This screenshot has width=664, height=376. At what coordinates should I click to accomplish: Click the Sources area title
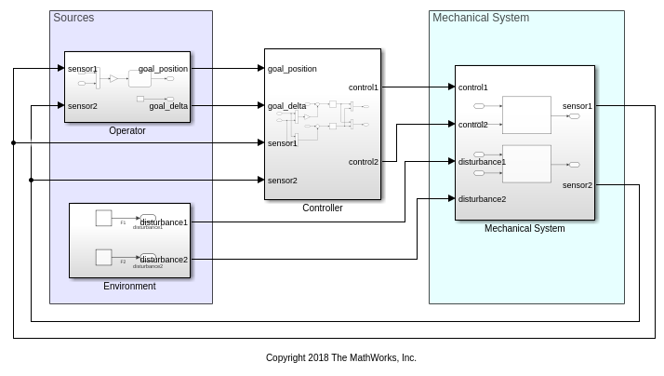pyautogui.click(x=73, y=18)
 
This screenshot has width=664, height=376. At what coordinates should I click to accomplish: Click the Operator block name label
pyautogui.click(x=127, y=130)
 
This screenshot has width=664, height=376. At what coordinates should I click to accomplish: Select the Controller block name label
pyautogui.click(x=323, y=208)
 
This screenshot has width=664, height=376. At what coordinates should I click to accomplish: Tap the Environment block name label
pyautogui.click(x=129, y=286)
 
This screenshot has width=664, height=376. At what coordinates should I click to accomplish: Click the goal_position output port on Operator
pyautogui.click(x=163, y=69)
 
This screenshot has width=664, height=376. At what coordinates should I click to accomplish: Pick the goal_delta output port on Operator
pyautogui.click(x=168, y=106)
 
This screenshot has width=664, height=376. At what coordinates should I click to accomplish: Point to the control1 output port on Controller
pyautogui.click(x=364, y=87)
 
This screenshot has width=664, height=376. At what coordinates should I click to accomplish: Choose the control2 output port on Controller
pyautogui.click(x=364, y=162)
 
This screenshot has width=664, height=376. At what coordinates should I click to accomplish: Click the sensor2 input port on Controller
pyautogui.click(x=283, y=181)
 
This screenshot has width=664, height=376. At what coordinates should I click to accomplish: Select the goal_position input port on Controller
pyautogui.click(x=292, y=69)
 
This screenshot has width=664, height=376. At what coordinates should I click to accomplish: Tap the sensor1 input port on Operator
pyautogui.click(x=83, y=69)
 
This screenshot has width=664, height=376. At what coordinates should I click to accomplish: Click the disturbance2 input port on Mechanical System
pyautogui.click(x=482, y=198)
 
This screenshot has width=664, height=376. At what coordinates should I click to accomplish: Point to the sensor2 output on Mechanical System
pyautogui.click(x=578, y=185)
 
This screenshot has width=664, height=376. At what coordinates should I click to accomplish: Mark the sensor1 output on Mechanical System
pyautogui.click(x=578, y=106)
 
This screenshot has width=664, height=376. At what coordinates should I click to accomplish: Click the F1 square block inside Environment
pyautogui.click(x=104, y=218)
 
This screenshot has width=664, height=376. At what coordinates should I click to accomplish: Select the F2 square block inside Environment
pyautogui.click(x=104, y=257)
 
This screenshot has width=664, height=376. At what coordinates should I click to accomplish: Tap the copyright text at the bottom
pyautogui.click(x=341, y=357)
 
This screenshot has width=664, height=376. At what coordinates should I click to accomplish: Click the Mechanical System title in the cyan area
pyautogui.click(x=481, y=18)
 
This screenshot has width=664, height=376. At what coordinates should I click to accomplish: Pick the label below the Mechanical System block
pyautogui.click(x=525, y=228)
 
